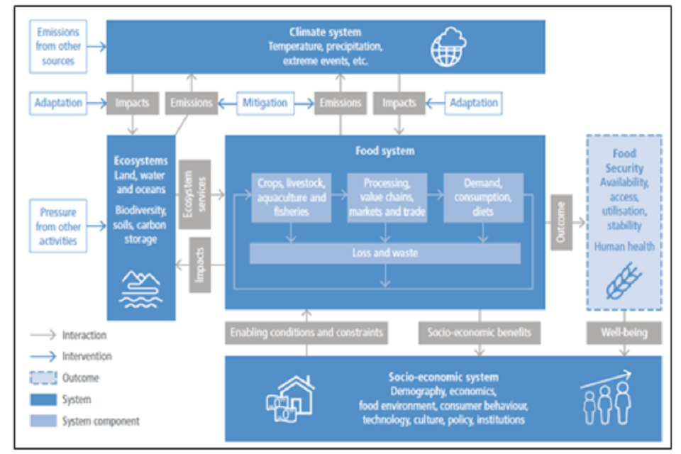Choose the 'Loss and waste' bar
pos(385,253)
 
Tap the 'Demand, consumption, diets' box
pos(482,197)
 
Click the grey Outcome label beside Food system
pos(561,222)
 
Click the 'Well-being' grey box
pos(624,332)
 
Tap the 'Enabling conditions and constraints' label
pos(306,332)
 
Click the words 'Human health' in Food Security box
pos(624,246)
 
